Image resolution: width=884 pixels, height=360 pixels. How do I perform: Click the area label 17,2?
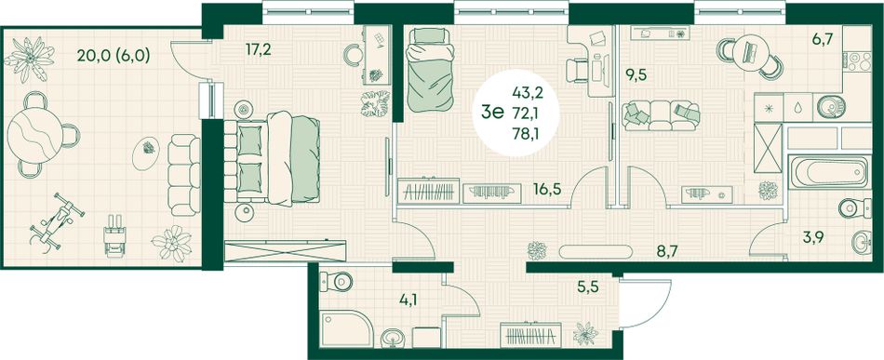[259, 49]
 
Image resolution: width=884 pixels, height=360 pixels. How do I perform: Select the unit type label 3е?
[491, 113]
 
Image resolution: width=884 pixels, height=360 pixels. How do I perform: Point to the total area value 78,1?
[525, 134]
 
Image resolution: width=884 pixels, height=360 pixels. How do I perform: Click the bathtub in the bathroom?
[828, 172]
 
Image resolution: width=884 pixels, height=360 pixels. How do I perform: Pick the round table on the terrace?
[35, 135]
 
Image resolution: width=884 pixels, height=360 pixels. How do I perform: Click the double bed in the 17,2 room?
[273, 158]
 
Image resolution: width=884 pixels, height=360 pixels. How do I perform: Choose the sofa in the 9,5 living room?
[661, 115]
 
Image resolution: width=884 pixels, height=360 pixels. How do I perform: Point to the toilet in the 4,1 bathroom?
[335, 281]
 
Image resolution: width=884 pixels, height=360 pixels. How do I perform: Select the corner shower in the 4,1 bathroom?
[346, 328]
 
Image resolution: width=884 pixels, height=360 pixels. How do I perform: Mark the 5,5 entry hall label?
[588, 287]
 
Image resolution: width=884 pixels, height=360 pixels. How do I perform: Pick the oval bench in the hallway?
[596, 251]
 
